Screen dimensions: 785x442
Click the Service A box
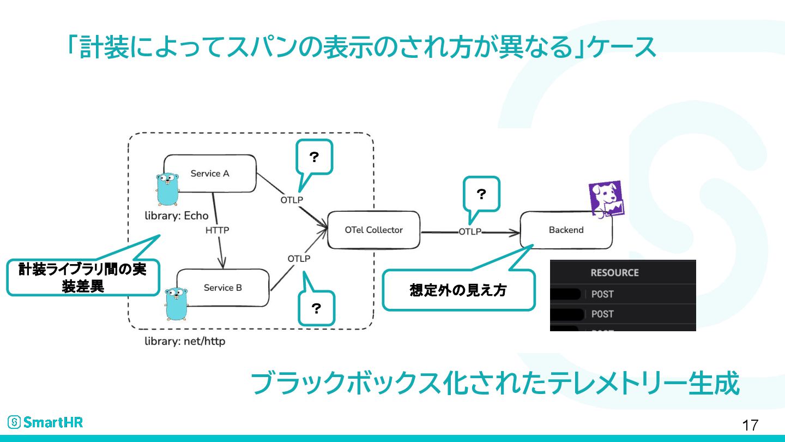click(210, 174)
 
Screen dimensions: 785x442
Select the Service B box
click(223, 288)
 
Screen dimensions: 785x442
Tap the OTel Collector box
click(373, 230)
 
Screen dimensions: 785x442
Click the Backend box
click(566, 230)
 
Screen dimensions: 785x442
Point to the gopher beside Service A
click(167, 189)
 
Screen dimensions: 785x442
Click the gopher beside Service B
click(176, 304)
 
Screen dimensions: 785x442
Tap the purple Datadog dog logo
click(606, 199)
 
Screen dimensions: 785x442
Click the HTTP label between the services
click(218, 230)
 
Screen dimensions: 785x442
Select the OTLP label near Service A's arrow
click(292, 200)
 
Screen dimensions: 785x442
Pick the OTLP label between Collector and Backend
click(470, 232)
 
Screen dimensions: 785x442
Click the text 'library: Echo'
click(177, 216)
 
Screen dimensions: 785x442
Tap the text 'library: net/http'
click(185, 341)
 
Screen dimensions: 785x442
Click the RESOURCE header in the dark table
click(615, 273)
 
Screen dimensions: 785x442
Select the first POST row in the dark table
click(623, 294)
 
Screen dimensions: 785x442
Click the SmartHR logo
click(45, 422)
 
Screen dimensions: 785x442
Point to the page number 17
click(750, 425)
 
